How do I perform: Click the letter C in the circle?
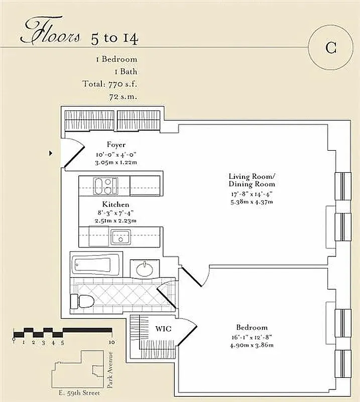point(330,48)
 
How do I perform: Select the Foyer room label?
point(115,145)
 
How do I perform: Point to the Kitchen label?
point(115,205)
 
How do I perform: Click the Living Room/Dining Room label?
point(252,180)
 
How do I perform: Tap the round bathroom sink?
point(146,269)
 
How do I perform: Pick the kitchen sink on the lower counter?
point(121,236)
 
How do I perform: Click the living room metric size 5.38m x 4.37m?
point(252,202)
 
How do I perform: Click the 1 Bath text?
point(121,71)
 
